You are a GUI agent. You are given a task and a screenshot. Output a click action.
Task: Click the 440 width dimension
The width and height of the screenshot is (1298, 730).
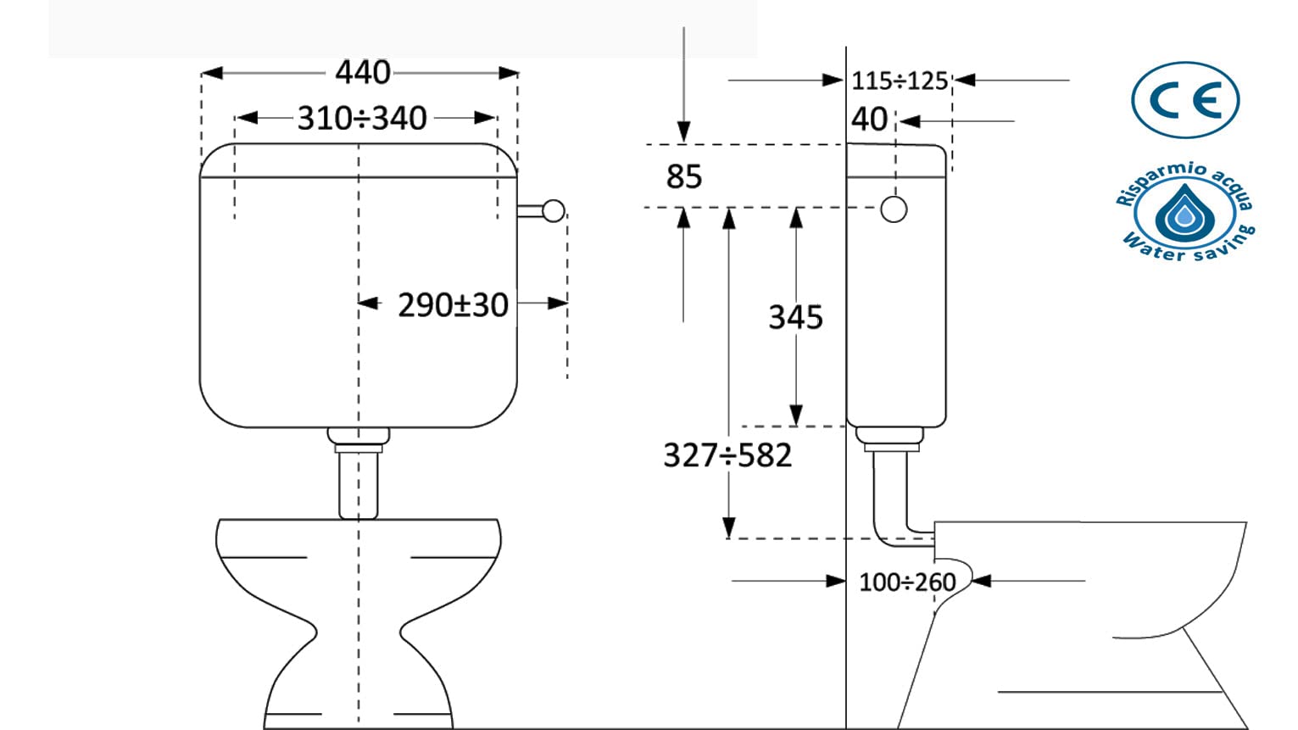(x=363, y=72)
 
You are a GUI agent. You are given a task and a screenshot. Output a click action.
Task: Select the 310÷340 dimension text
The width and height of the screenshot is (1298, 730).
(x=362, y=118)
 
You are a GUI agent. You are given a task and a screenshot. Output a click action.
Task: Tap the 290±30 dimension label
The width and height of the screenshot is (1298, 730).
(x=453, y=304)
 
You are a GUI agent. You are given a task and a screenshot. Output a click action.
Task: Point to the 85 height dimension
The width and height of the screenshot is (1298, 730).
(x=684, y=176)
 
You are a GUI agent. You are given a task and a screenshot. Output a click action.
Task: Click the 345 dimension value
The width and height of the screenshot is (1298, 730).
(x=795, y=317)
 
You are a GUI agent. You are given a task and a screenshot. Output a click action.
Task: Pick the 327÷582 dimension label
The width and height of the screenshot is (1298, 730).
(x=727, y=454)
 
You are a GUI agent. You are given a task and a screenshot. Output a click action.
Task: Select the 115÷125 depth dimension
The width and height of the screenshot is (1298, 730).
(x=900, y=81)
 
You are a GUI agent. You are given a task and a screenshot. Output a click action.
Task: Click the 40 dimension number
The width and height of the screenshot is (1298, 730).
(x=869, y=120)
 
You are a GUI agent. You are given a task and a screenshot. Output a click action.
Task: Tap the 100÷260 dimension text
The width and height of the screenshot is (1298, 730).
(x=907, y=582)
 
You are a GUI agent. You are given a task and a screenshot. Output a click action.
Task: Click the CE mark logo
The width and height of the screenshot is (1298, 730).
(x=1185, y=100)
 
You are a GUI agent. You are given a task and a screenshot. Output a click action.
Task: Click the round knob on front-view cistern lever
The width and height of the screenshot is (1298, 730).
(x=554, y=211)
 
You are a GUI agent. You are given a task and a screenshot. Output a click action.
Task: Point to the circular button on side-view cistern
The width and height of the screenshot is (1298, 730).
(x=894, y=209)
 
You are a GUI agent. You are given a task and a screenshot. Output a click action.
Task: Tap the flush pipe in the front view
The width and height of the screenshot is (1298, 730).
(x=358, y=486)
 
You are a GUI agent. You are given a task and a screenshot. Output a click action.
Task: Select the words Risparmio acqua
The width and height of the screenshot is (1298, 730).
(x=1184, y=180)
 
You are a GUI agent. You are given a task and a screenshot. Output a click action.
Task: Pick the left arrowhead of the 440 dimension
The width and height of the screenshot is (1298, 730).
(x=212, y=73)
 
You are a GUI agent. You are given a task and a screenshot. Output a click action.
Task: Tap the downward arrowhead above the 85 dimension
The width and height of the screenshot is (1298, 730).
(x=684, y=132)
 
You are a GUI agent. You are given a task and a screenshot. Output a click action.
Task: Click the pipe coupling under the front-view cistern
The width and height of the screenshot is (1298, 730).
(x=358, y=440)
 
